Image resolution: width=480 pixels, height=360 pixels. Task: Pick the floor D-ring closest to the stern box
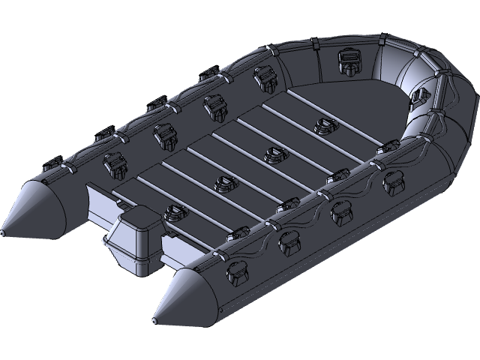(175, 213)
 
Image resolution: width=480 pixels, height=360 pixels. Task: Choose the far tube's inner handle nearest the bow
(262, 74)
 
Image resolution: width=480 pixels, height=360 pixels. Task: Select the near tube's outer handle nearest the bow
(391, 181)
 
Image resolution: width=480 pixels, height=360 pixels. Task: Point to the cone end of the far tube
(34, 204)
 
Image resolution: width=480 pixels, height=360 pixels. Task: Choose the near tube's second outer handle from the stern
(288, 242)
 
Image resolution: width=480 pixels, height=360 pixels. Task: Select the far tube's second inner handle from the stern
(163, 133)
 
